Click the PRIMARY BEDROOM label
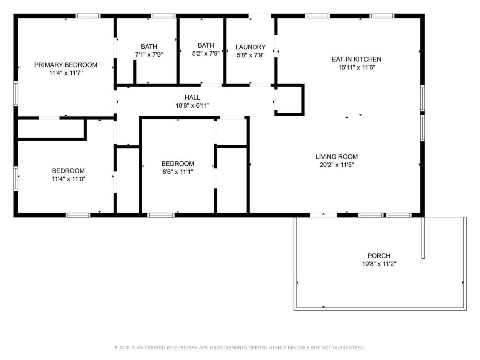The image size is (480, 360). (66, 65)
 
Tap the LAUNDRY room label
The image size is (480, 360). (250, 47)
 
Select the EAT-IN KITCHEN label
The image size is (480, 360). (357, 59)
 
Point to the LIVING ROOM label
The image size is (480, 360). (336, 157)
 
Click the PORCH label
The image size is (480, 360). (379, 256)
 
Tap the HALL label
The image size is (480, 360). (192, 97)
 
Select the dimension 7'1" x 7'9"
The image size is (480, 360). (149, 55)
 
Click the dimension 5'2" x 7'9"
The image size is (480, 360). (206, 54)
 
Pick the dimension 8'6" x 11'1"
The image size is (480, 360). (178, 172)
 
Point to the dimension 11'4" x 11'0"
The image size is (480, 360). (69, 179)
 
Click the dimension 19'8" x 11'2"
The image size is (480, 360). (379, 264)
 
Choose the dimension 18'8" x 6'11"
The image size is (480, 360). (192, 106)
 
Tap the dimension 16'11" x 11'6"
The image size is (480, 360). (357, 67)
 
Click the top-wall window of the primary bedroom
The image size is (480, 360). (88, 16)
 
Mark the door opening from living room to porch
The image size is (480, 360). (323, 215)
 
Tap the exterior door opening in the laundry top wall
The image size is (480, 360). (259, 16)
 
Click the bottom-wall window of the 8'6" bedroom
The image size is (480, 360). (161, 215)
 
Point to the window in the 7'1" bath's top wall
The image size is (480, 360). (163, 16)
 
